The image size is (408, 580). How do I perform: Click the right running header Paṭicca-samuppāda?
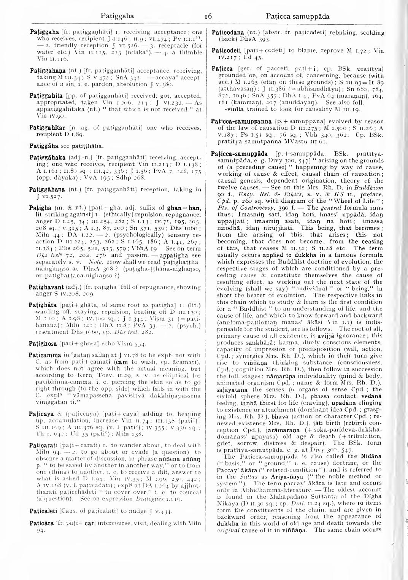(298, 16)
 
